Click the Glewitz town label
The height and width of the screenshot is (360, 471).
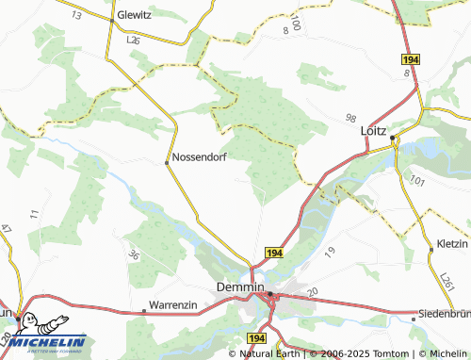pyautogui.click(x=139, y=16)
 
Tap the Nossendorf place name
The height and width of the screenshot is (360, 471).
pyautogui.click(x=202, y=157)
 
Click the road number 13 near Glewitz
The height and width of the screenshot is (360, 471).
pyautogui.click(x=76, y=17)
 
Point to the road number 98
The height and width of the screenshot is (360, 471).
pyautogui.click(x=351, y=118)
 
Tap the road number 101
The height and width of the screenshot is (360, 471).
pyautogui.click(x=418, y=180)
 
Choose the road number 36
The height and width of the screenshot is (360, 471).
pyautogui.click(x=134, y=254)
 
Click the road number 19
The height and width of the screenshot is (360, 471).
pyautogui.click(x=330, y=251)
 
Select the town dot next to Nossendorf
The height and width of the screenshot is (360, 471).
pyautogui.click(x=167, y=162)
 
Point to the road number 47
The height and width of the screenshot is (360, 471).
pyautogui.click(x=6, y=229)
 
